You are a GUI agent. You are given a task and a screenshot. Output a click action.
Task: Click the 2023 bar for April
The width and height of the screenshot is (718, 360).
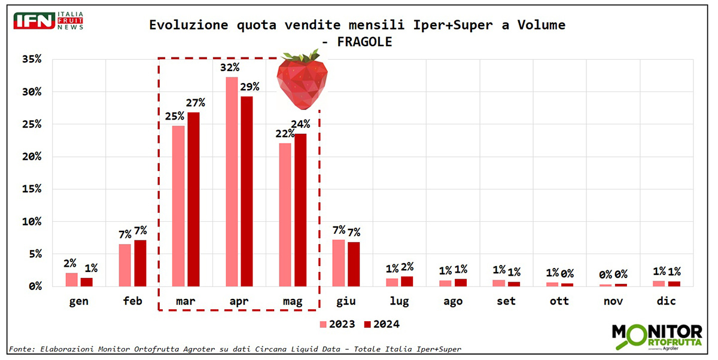click(232, 182)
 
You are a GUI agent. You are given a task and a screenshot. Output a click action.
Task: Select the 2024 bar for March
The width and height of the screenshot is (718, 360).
click(193, 199)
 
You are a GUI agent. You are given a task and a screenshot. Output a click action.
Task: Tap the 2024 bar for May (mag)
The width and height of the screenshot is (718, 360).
click(300, 210)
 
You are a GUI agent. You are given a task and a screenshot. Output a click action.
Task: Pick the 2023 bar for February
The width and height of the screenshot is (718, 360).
click(124, 265)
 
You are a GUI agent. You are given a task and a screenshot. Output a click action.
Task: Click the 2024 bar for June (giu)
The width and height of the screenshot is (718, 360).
click(354, 264)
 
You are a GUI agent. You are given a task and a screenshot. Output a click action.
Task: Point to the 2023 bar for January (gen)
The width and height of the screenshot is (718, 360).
click(71, 280)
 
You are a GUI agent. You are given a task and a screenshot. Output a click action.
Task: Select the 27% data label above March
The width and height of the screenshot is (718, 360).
click(195, 102)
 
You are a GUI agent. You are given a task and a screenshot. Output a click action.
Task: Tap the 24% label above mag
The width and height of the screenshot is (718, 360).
click(300, 124)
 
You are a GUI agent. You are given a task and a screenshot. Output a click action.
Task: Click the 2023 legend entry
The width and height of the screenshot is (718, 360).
click(337, 324)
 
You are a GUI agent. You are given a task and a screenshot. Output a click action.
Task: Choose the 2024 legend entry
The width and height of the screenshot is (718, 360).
click(382, 324)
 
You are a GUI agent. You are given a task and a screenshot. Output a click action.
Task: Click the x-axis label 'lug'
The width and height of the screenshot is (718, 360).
click(399, 301)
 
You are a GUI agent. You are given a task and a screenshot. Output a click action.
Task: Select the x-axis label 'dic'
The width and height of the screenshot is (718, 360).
click(666, 301)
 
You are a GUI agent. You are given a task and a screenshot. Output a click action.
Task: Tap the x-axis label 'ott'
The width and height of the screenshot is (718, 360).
click(559, 301)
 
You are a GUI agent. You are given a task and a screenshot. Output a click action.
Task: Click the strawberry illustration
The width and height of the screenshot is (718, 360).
click(302, 80)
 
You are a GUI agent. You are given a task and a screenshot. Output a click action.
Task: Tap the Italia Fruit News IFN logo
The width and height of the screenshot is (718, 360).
click(48, 21)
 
